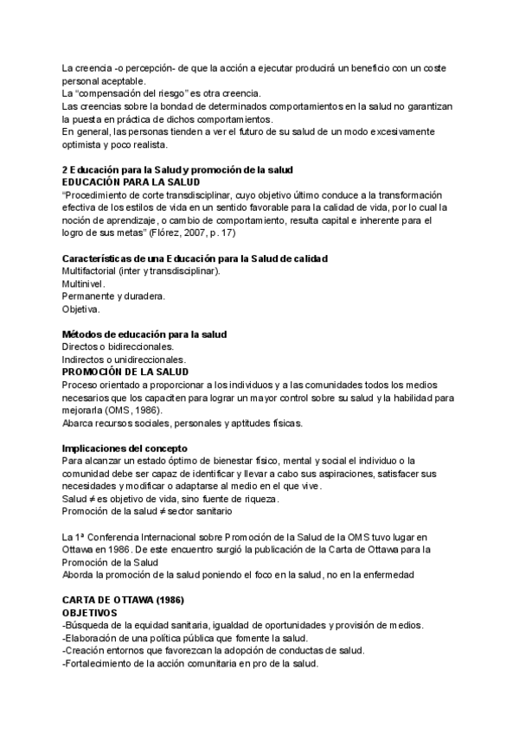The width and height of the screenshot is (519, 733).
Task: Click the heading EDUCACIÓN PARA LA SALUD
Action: [125, 183]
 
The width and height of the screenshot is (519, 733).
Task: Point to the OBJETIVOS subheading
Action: [95, 612]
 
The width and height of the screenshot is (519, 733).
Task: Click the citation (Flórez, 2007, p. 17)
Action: [195, 233]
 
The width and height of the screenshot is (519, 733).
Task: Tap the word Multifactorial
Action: [89, 271]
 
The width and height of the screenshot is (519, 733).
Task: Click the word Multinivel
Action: [83, 284]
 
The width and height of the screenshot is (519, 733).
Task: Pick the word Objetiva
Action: [80, 309]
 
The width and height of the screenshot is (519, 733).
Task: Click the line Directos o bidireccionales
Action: [118, 347]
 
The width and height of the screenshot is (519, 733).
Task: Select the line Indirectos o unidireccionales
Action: [123, 359]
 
